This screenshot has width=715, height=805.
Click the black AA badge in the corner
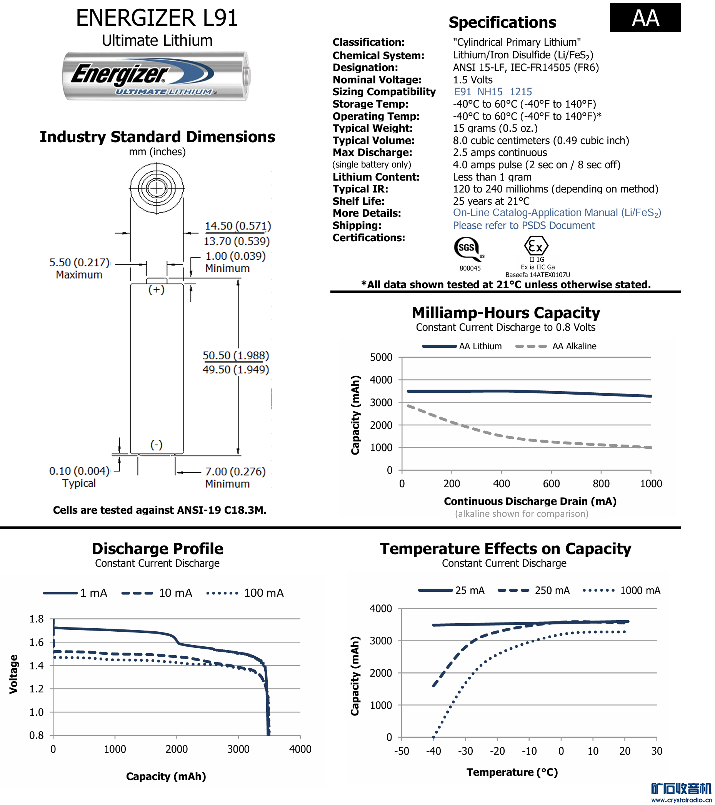tap(645, 18)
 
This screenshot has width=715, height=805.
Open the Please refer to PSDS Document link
tap(523, 226)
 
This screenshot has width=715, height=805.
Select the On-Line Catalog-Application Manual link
tap(557, 213)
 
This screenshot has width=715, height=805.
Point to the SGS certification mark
tap(468, 249)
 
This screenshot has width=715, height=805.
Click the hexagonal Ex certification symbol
tap(536, 247)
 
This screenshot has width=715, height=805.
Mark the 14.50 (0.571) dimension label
tap(238, 226)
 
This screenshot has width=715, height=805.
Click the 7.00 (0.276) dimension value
tap(235, 472)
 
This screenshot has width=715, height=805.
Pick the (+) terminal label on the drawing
tap(156, 290)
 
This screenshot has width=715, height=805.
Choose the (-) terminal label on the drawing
tap(156, 445)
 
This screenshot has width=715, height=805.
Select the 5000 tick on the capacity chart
tap(381, 358)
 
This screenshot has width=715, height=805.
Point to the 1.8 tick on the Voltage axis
tap(36, 619)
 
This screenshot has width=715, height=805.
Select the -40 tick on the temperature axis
tap(433, 752)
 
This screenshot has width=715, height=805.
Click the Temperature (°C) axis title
tap(512, 773)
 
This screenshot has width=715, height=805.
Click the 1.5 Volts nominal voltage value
tap(473, 80)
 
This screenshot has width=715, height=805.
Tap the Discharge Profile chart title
tap(157, 549)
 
